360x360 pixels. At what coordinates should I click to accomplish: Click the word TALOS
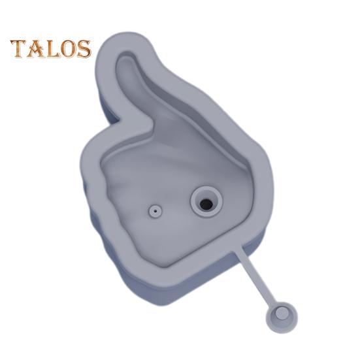[x=50, y=49]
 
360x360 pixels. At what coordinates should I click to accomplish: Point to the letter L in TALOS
[x=51, y=50]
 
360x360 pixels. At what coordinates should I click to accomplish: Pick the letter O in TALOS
[x=67, y=50]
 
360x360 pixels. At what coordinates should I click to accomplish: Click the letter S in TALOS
[x=83, y=50]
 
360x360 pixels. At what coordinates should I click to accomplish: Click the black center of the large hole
[x=206, y=203]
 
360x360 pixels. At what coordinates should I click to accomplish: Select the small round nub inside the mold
[x=155, y=211]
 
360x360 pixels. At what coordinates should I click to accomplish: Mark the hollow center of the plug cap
[x=282, y=316]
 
